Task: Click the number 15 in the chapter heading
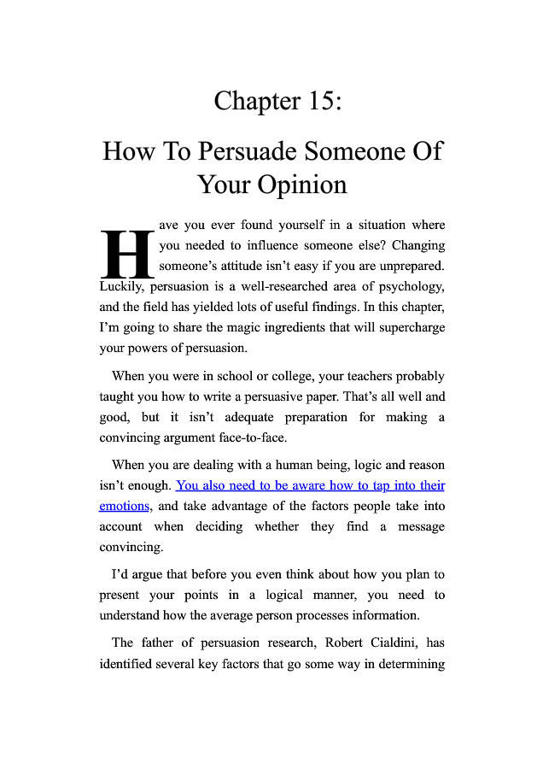click(317, 101)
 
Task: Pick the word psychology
click(405, 286)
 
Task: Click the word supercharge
click(406, 327)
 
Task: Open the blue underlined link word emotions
click(125, 506)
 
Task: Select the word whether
click(277, 526)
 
